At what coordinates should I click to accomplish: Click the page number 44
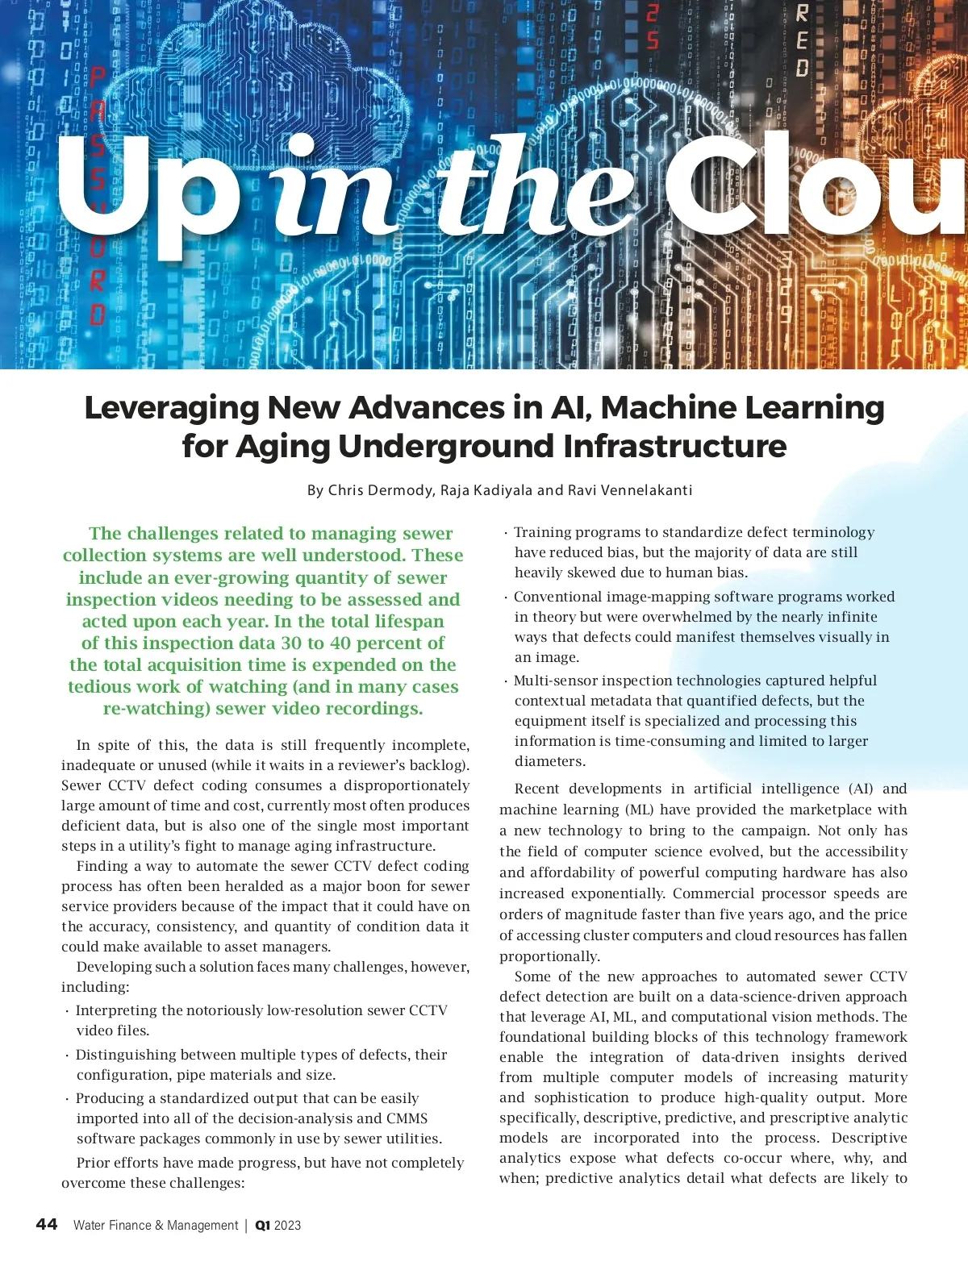47,1224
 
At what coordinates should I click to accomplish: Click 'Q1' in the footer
263,1226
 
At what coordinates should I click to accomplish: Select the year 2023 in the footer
288,1226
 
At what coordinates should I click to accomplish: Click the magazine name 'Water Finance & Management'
156,1226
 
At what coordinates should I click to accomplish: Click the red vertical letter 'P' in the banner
97,78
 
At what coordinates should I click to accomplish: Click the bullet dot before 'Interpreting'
67,1011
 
